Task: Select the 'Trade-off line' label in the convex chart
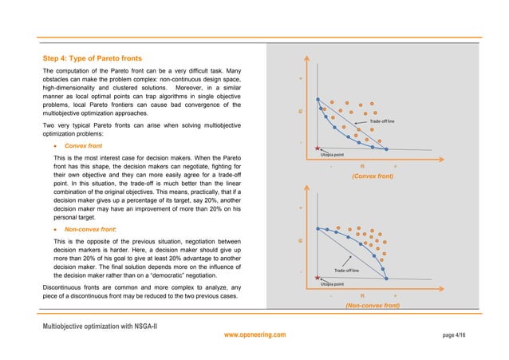pyautogui.click(x=382, y=121)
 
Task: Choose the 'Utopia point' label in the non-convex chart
pyautogui.click(x=332, y=283)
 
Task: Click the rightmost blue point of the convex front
pyautogui.click(x=386, y=149)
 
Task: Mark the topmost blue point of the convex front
pyautogui.click(x=318, y=100)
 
